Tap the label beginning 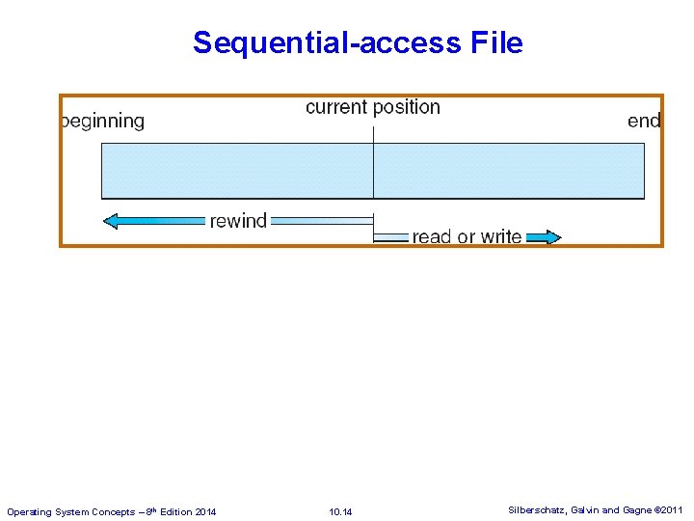click(x=103, y=122)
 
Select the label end click(x=644, y=121)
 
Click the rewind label click(x=238, y=221)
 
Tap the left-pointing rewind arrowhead click(x=112, y=221)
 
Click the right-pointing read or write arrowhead click(x=550, y=236)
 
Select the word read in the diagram click(x=432, y=236)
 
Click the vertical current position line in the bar click(x=373, y=171)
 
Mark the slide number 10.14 click(x=340, y=511)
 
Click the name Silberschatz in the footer click(x=537, y=509)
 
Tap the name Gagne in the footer click(x=636, y=509)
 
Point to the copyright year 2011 click(x=672, y=509)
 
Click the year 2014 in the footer click(x=205, y=511)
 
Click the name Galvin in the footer click(x=586, y=509)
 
